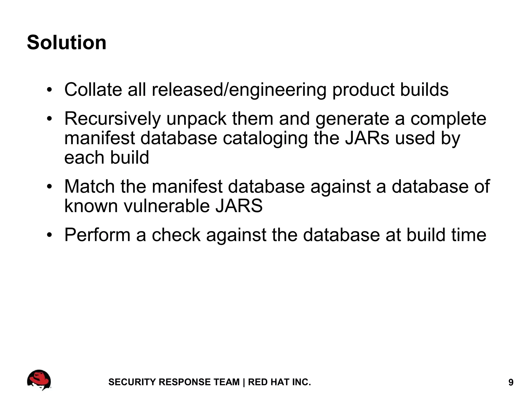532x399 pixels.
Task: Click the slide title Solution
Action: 66,42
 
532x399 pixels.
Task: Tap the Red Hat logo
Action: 39,380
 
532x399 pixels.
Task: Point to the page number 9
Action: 511,383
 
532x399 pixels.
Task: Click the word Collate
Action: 93,89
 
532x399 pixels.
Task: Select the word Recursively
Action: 112,119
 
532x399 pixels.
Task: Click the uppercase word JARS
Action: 239,206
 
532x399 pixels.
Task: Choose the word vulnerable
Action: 166,206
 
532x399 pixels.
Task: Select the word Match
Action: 89,186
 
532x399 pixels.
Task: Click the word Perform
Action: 97,235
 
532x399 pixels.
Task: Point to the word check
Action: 176,235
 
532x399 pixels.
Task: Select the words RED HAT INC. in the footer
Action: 280,382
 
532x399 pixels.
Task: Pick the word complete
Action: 448,119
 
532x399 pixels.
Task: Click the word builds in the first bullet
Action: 424,89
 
